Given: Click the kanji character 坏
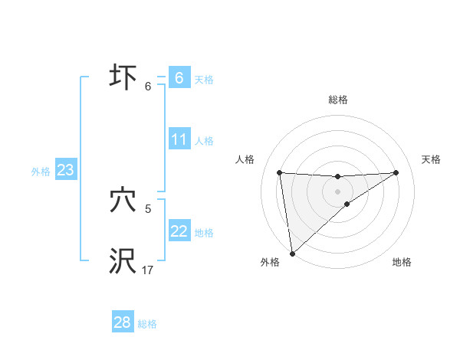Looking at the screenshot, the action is [x=123, y=78].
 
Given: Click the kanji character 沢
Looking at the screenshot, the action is [x=123, y=260].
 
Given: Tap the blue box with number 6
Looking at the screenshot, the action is [x=179, y=78].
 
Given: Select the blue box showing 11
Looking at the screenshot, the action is [x=179, y=139].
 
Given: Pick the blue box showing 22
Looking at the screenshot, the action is [x=179, y=231].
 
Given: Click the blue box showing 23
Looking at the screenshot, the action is [x=65, y=170].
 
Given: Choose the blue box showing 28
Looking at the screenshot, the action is [x=123, y=322].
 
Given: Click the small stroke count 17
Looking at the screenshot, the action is [x=148, y=270].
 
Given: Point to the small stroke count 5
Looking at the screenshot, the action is [x=147, y=208].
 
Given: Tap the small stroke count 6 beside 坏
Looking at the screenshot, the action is [x=148, y=86].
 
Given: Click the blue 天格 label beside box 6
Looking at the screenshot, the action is [x=204, y=79].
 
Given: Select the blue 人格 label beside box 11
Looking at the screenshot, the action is [x=204, y=141].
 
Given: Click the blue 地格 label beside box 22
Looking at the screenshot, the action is [x=204, y=233].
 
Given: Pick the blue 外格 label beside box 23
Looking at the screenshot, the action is [x=41, y=172].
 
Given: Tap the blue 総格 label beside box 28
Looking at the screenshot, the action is [x=147, y=324].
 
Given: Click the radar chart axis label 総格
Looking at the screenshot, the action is [x=338, y=100].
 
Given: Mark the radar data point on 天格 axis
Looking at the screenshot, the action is [x=396, y=172].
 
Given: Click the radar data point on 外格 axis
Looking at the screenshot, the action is [x=292, y=254].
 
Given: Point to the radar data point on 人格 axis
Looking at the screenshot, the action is [x=279, y=172].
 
